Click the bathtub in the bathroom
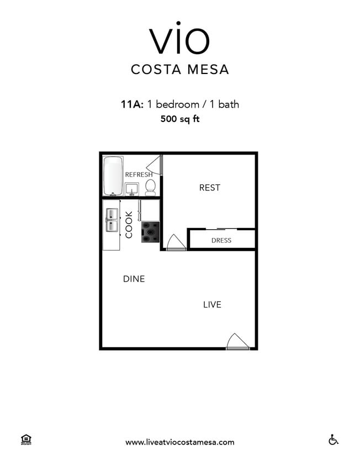pos(113,176)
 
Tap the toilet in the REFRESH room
pos(150,188)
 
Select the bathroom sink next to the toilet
pos(132,189)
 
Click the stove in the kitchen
pos(150,232)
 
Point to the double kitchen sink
pos(112,220)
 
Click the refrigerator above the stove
pos(149,210)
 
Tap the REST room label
pos(209,188)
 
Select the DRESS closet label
pos(221,240)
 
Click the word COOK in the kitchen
pos(129,225)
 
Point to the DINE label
pos(134,279)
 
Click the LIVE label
pos(212,304)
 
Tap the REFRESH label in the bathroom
pos(139,174)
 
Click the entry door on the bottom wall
pos(237,342)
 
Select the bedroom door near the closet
pos(176,243)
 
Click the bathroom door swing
pos(153,166)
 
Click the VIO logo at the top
pos(179,40)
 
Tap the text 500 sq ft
pos(179,118)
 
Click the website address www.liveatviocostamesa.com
pos(179,442)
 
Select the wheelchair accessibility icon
pos(333,440)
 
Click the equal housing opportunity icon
pos(25,440)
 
